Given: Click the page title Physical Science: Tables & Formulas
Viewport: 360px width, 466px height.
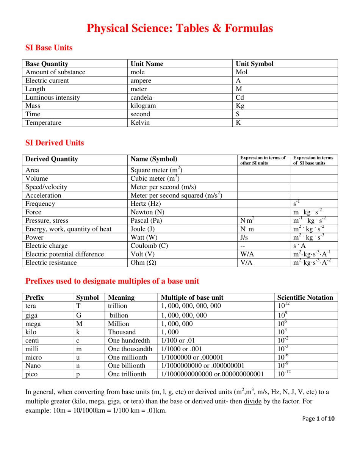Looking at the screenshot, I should point(180,28).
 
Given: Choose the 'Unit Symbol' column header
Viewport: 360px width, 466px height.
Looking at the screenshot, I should point(254,64).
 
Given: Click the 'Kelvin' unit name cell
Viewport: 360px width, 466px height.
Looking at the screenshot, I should point(140,122).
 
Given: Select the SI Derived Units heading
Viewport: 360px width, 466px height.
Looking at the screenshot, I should point(55,143).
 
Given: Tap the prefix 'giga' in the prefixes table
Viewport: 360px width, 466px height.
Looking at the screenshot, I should point(31,315).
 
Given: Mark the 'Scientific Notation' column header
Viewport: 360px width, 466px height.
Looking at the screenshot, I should point(305,297).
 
